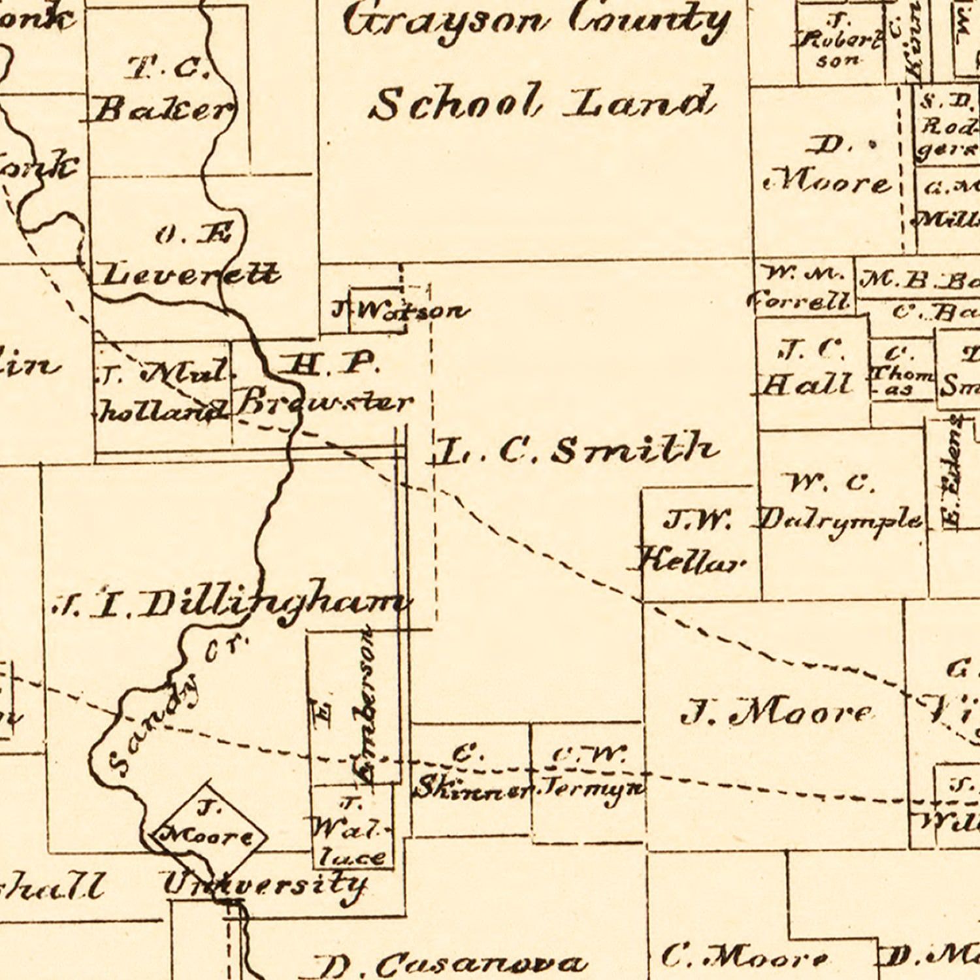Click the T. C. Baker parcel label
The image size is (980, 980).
coord(163,91)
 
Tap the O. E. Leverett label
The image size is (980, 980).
coord(189,258)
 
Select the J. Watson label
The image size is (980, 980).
coord(400,310)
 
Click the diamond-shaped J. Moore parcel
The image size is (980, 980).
coord(207,826)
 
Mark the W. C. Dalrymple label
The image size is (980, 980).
coord(840,503)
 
